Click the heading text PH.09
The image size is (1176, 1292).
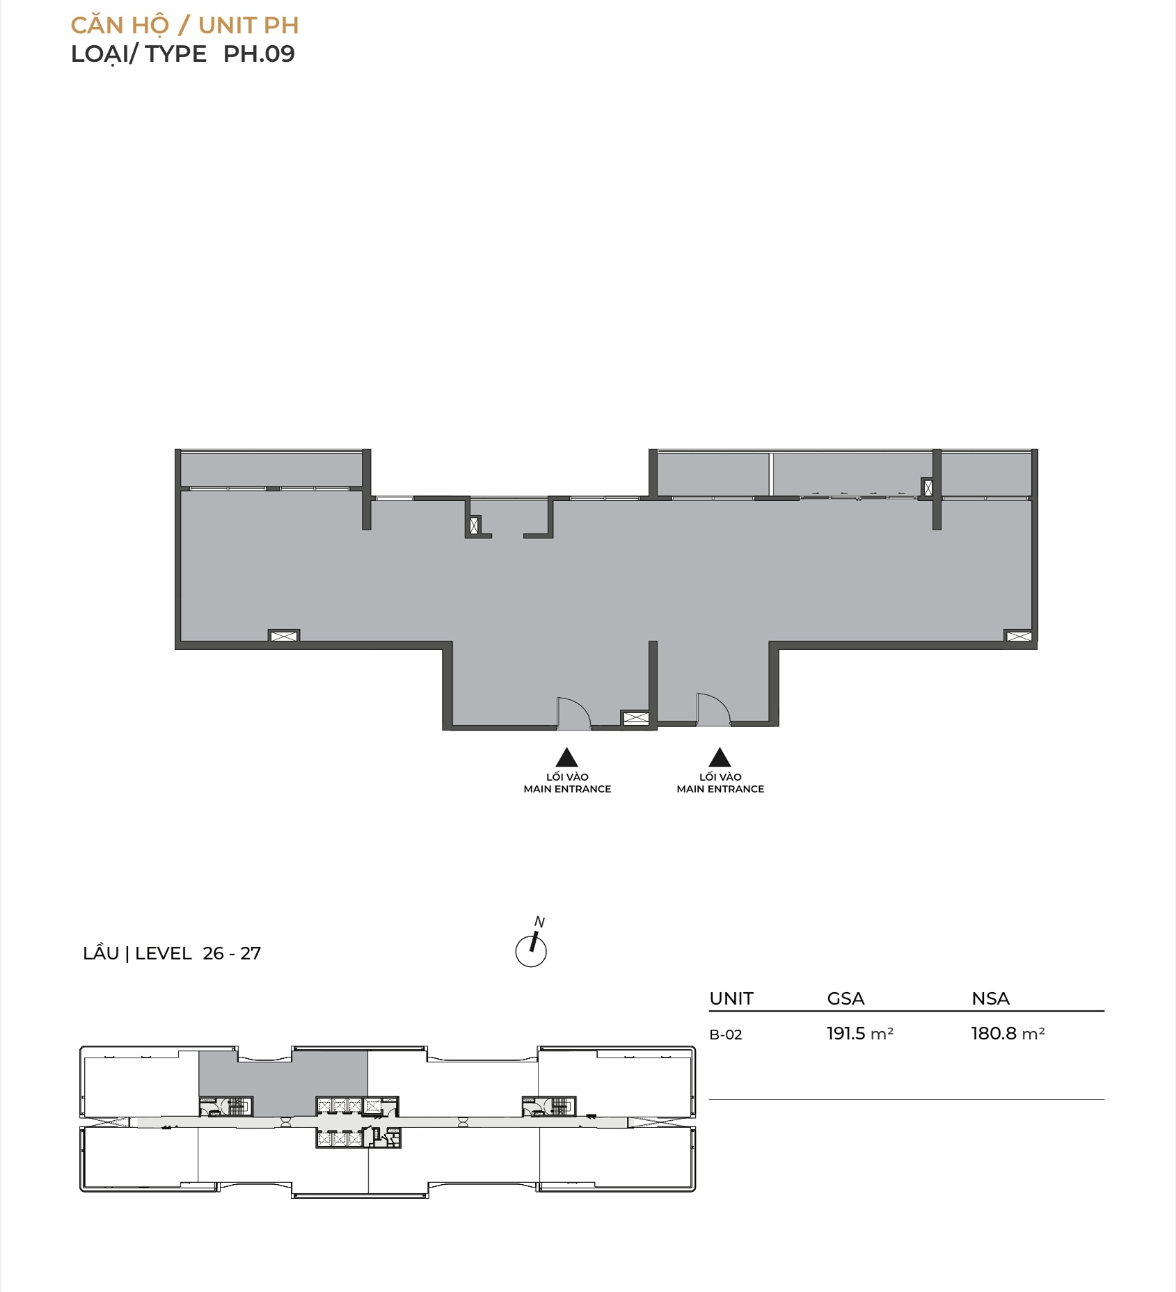pos(259,54)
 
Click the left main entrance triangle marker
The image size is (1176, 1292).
pos(567,757)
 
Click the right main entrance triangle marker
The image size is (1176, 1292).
pos(720,757)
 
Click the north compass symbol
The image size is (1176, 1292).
pos(531,945)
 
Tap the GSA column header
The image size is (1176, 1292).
pos(845,998)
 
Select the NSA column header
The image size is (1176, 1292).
pos(990,998)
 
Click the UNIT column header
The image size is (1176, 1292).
pos(731,998)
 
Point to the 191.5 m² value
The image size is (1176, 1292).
pos(860,1033)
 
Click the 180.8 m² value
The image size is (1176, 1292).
pos(1008,1033)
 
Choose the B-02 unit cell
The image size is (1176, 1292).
pos(726,1035)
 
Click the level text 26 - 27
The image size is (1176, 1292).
pos(232,953)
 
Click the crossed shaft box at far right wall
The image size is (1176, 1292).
pos(1019,636)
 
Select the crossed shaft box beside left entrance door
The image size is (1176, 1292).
pos(635,718)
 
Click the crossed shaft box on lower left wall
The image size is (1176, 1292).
pos(284,636)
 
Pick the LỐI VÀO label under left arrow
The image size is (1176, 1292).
pos(567,776)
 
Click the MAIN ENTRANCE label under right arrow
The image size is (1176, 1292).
pos(720,789)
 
